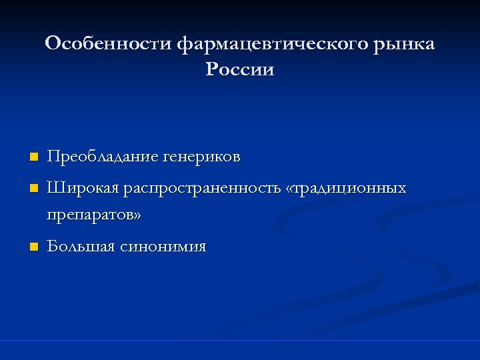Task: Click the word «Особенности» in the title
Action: pos(109,44)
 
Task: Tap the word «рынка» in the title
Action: pos(405,44)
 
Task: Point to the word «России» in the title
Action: pos(240,69)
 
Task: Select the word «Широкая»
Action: pos(81,189)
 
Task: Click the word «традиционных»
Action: pos(351,189)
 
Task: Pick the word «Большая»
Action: pos(80,247)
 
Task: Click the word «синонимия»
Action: pos(163,247)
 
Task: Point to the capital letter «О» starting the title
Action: pos(53,44)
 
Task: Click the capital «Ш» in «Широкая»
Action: pos(54,189)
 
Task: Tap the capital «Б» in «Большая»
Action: pos(52,247)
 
